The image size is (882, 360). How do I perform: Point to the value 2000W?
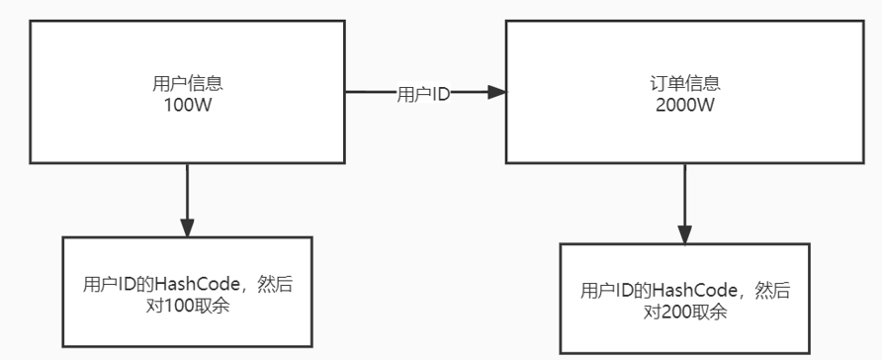click(682, 102)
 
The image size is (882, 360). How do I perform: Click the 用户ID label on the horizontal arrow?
click(423, 94)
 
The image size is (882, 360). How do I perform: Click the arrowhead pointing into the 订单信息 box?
click(496, 93)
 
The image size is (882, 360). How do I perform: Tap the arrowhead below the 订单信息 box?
click(684, 233)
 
